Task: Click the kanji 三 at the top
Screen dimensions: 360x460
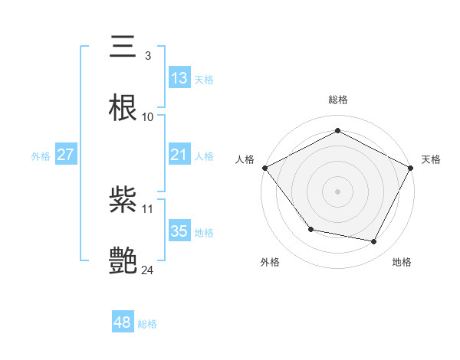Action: coord(123,48)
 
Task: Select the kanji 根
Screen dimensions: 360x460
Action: coord(123,108)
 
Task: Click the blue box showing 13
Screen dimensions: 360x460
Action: coord(179,77)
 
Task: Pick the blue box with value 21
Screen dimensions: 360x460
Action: coord(179,155)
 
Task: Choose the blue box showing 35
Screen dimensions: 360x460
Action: coord(179,231)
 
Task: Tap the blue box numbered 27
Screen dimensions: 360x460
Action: coord(66,155)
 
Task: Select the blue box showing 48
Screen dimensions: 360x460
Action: coord(123,322)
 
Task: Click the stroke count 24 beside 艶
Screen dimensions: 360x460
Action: coord(148,269)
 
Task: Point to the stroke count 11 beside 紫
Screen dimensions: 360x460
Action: coord(148,208)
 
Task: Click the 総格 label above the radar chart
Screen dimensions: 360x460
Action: coord(337,100)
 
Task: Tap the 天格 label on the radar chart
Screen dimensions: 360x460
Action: coord(432,159)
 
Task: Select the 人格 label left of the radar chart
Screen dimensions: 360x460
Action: coord(245,159)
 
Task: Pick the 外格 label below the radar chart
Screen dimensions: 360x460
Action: coord(270,262)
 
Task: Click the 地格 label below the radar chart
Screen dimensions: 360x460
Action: coord(402,262)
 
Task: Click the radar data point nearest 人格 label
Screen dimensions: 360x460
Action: coord(264,167)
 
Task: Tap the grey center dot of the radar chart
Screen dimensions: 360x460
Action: coord(337,191)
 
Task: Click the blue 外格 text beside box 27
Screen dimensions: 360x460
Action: coord(41,155)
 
